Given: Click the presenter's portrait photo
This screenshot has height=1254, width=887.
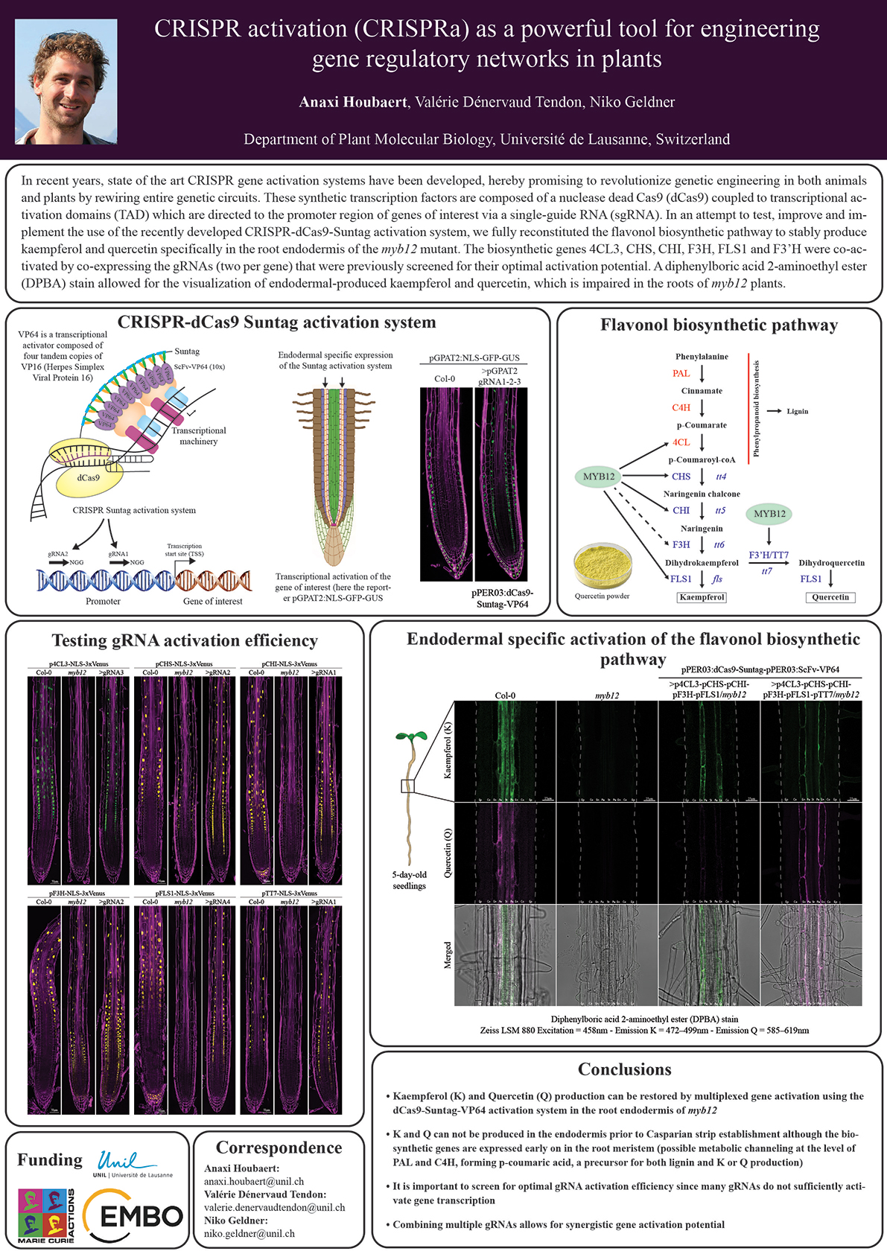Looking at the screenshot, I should [x=66, y=81].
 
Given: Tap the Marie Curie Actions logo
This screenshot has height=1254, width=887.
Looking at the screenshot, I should [x=46, y=1216].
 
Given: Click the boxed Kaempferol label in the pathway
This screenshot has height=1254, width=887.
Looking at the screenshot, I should [x=702, y=597].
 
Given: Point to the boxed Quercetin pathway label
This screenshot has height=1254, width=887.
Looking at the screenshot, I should [x=830, y=597].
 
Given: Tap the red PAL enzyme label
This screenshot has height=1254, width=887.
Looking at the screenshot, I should [x=681, y=374].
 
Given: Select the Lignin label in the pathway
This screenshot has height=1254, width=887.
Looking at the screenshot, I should [x=797, y=411].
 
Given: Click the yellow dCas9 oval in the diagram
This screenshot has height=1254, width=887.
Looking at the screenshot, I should [x=89, y=477].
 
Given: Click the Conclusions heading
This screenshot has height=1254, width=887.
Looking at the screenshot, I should [x=624, y=1069].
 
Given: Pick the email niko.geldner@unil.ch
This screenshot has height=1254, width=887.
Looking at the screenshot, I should [x=249, y=1234].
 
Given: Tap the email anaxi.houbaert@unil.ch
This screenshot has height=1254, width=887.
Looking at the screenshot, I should [x=254, y=1181].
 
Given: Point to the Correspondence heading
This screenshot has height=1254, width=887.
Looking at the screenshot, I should [x=279, y=1148].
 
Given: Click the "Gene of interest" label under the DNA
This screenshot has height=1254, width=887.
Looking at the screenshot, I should [x=212, y=602].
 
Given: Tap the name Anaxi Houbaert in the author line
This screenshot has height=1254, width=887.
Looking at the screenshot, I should [x=353, y=102].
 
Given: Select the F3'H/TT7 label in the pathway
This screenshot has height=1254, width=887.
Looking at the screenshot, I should [x=768, y=555].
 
